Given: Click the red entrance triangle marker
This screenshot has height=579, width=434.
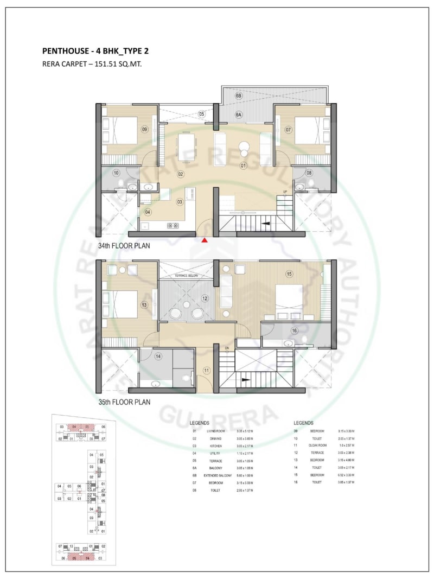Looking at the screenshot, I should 205,240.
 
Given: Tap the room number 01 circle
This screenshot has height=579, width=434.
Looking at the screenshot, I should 244,165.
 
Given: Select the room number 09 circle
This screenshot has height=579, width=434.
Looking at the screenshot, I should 144,129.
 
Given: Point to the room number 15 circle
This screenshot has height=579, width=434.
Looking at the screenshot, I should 289,275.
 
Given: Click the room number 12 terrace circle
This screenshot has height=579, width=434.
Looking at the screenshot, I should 205,298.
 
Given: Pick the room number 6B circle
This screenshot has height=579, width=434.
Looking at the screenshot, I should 239,96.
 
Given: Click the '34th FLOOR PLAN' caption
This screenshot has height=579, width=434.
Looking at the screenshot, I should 124,246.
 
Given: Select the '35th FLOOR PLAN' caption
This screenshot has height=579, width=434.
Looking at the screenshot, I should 124,402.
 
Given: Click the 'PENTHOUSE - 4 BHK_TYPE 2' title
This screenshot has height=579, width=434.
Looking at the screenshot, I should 95,52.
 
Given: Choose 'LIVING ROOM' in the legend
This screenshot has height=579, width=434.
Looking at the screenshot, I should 216,430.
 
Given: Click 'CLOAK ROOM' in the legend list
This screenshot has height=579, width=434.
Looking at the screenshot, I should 318,445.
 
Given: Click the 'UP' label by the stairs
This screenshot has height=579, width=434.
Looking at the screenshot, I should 285,192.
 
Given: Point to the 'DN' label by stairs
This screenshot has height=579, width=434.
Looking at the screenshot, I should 227,348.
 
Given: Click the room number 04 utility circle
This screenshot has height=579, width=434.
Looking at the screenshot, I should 148,212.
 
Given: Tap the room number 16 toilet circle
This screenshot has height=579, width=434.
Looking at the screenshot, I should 294,330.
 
